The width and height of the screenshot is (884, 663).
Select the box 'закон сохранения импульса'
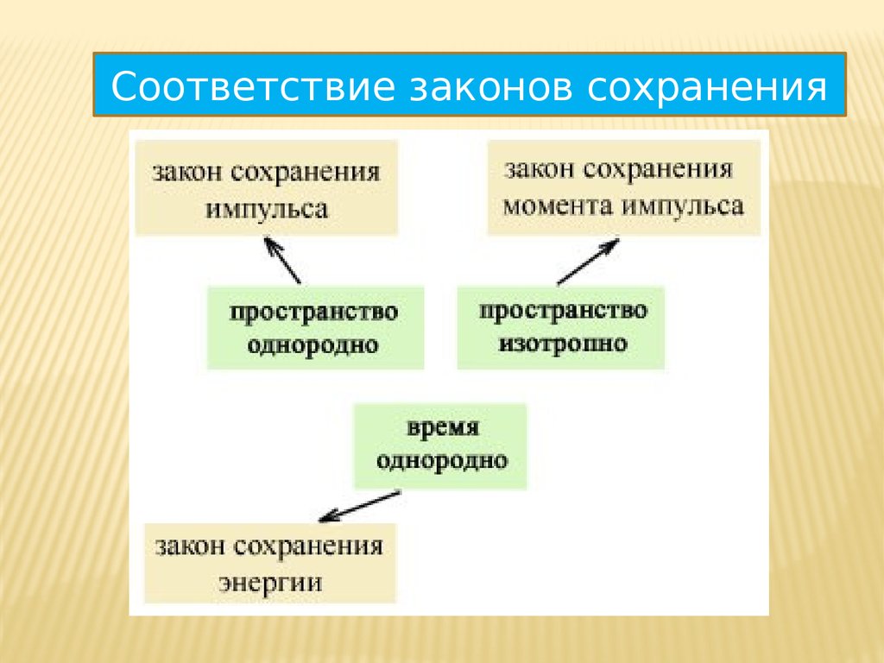pos(267,188)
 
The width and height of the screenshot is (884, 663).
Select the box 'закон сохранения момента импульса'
pos(623,188)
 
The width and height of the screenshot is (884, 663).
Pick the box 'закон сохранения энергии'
pos(269,563)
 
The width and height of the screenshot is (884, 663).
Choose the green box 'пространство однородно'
pos(314,328)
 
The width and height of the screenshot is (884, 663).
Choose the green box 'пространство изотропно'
pos(562,328)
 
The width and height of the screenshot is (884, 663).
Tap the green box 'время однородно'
pos(440,445)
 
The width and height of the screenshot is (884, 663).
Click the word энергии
pos(269,581)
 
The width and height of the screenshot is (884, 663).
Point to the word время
pos(442,429)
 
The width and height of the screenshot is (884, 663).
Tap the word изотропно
pos(562,344)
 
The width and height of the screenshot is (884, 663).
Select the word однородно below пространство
pos(314,345)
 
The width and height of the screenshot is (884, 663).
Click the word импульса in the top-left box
pos(267,208)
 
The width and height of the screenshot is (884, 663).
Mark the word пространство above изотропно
pos(562,310)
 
